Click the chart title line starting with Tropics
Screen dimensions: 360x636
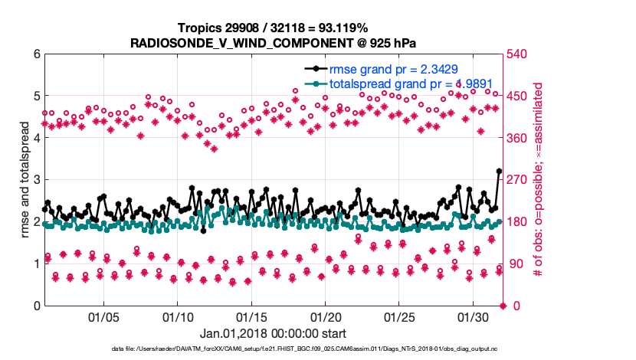point(272,28)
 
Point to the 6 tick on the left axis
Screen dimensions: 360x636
point(35,54)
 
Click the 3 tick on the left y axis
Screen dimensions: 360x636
point(35,180)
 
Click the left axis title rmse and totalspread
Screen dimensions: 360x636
point(25,180)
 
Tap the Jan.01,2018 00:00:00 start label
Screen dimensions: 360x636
point(272,333)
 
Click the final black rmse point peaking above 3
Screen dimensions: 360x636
point(500,172)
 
